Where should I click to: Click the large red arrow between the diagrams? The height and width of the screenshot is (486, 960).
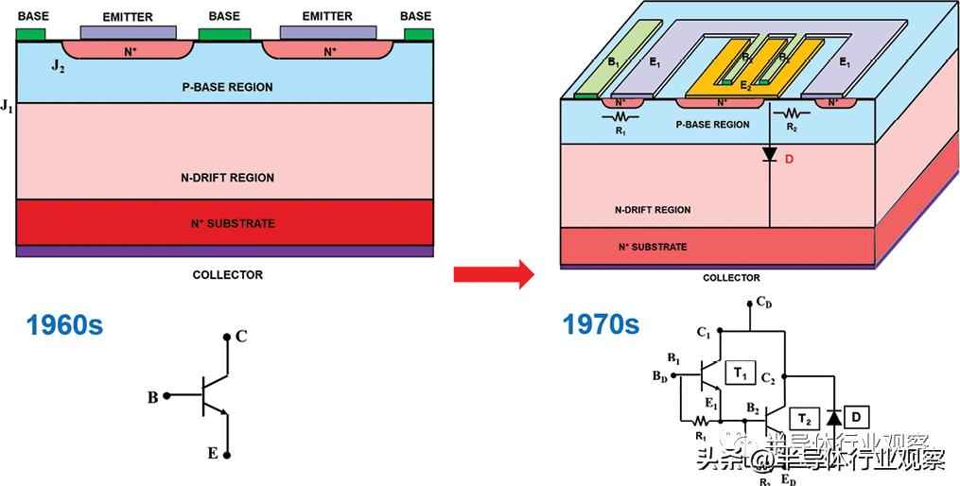click(x=493, y=274)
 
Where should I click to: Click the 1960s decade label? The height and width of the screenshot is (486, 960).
click(x=64, y=326)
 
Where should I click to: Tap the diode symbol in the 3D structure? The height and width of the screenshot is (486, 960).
click(x=769, y=154)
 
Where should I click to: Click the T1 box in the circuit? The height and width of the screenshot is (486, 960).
click(x=739, y=374)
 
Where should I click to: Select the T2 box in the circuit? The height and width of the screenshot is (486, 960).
click(x=805, y=418)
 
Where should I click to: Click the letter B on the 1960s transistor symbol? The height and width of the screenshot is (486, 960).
click(x=152, y=398)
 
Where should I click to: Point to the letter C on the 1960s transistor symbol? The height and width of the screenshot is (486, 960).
click(x=241, y=337)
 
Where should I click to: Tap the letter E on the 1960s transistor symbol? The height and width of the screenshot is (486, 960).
click(x=213, y=454)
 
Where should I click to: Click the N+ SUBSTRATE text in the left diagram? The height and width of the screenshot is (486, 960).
click(x=227, y=224)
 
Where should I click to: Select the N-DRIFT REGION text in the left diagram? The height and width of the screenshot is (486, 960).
click(x=227, y=178)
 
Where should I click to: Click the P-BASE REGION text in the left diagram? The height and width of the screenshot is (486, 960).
click(x=227, y=87)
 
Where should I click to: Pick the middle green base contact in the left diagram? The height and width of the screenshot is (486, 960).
click(x=224, y=35)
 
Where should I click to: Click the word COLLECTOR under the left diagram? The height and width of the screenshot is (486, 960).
click(x=227, y=275)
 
